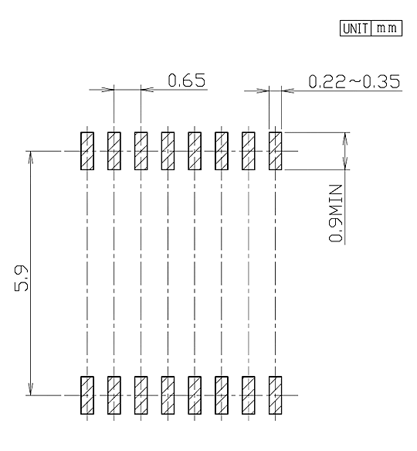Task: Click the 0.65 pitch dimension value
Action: [x=187, y=80]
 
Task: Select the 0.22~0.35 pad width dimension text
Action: [x=354, y=81]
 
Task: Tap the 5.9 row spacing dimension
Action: [x=22, y=278]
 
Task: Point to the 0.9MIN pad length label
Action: [x=335, y=214]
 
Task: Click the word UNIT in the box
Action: [x=355, y=29]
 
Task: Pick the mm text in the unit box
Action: [x=387, y=29]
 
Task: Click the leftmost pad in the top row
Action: [x=87, y=151]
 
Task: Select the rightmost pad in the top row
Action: [x=275, y=151]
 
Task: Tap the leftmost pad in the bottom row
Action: [x=87, y=395]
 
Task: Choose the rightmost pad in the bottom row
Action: [x=275, y=395]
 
